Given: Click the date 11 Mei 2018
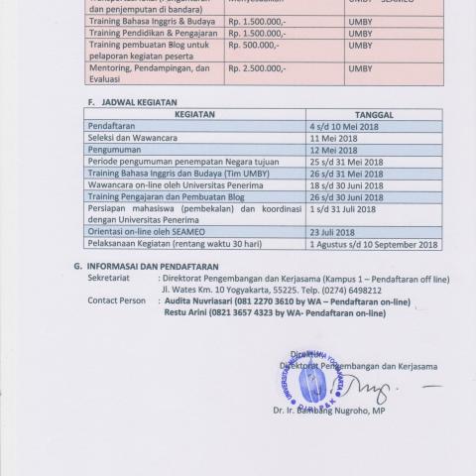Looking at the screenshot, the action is [332, 140].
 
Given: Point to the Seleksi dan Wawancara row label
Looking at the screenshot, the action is [133, 140].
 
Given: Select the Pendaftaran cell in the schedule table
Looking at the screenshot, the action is [112, 128].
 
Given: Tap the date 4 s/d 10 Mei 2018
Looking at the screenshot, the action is [345, 128].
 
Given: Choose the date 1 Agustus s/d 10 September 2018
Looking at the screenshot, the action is [374, 244].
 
